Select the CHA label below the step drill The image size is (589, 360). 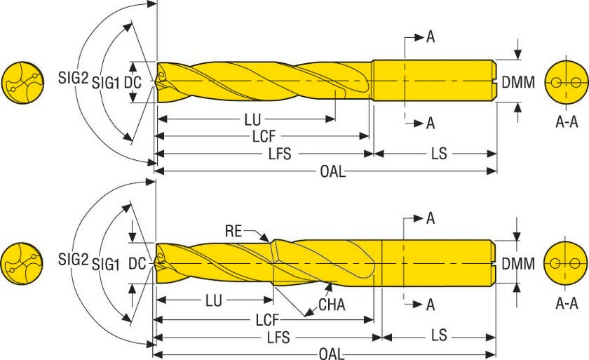(332, 305)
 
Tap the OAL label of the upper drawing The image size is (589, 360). (332, 172)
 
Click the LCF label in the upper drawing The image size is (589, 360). (264, 136)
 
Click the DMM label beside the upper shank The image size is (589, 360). (518, 83)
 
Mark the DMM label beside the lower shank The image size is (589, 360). (518, 265)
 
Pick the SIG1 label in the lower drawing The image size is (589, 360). (107, 265)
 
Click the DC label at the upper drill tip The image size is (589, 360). (133, 82)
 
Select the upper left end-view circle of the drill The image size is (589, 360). (22, 83)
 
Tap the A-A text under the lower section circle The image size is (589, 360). (567, 304)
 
